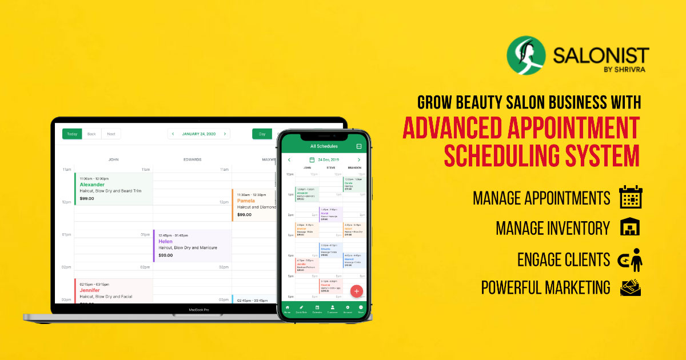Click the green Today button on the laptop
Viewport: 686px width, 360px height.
click(x=72, y=134)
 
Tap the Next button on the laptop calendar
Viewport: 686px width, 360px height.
click(x=111, y=134)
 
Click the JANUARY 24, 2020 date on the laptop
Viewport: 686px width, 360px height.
click(x=199, y=134)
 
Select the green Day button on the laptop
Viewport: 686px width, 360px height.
click(x=262, y=134)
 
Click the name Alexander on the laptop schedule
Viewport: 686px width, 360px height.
click(x=92, y=185)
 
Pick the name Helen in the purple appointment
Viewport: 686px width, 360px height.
click(x=165, y=241)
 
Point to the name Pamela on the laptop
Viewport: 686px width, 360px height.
click(x=246, y=201)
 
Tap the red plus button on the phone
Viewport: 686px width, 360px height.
click(x=357, y=291)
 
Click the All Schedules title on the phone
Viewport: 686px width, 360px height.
click(x=324, y=146)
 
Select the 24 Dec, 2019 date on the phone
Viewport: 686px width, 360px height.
click(x=328, y=160)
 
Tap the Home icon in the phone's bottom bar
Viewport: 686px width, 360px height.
click(x=287, y=309)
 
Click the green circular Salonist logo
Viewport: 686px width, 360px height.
click(x=526, y=56)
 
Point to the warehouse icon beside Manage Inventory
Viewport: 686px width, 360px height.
click(x=630, y=228)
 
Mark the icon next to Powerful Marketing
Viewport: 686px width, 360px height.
click(x=631, y=287)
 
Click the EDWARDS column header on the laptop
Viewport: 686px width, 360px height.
click(x=192, y=159)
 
